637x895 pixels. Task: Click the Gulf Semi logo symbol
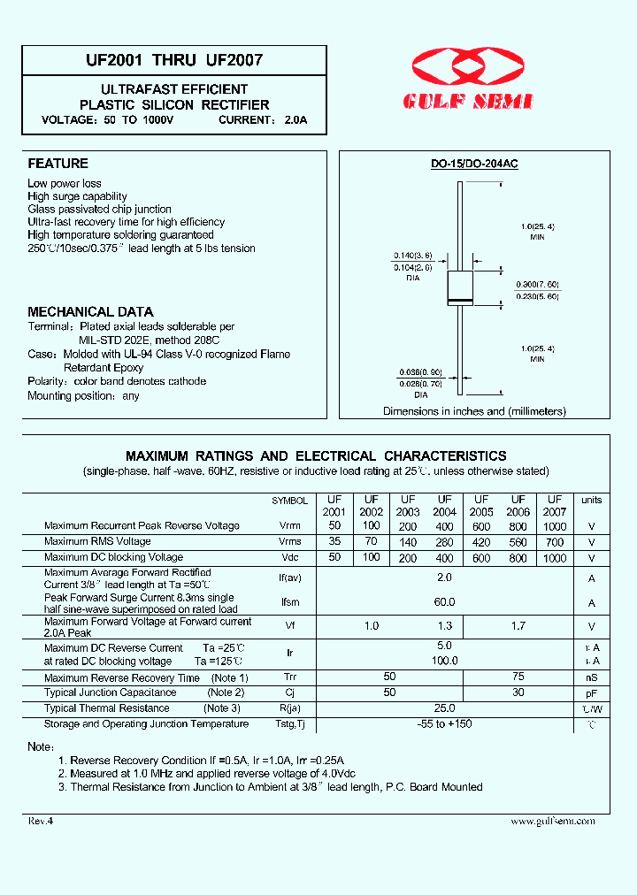click(x=468, y=67)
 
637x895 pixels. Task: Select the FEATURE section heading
click(x=58, y=164)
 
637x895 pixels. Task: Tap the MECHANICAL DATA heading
click(x=90, y=312)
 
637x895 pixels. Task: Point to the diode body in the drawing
click(x=460, y=289)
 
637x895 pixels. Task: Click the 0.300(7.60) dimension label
click(x=538, y=284)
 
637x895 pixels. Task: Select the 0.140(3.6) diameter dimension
click(x=412, y=255)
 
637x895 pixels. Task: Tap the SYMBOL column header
click(x=289, y=501)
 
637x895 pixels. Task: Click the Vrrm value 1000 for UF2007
click(x=555, y=525)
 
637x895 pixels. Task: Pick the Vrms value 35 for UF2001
click(x=334, y=541)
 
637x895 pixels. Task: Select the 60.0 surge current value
click(x=444, y=602)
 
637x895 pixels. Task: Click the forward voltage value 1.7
click(x=518, y=626)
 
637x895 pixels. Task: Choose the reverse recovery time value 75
click(x=518, y=677)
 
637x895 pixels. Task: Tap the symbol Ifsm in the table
click(x=289, y=602)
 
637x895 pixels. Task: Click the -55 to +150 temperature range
click(x=444, y=724)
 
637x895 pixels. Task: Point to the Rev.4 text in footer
click(x=41, y=821)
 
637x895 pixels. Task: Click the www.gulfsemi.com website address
click(x=552, y=821)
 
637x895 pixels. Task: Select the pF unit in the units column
click(x=591, y=692)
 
